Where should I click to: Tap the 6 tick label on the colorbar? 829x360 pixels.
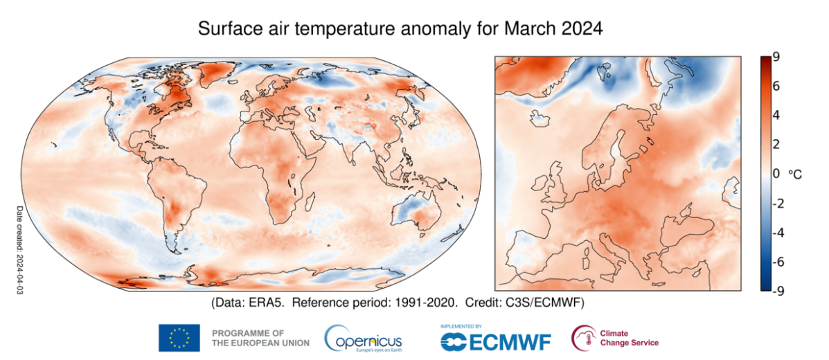777,86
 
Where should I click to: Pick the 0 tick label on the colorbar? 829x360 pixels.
777,174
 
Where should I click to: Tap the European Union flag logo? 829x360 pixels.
179,338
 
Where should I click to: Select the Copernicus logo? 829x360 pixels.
363,339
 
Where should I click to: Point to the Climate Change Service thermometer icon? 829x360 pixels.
582,338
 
